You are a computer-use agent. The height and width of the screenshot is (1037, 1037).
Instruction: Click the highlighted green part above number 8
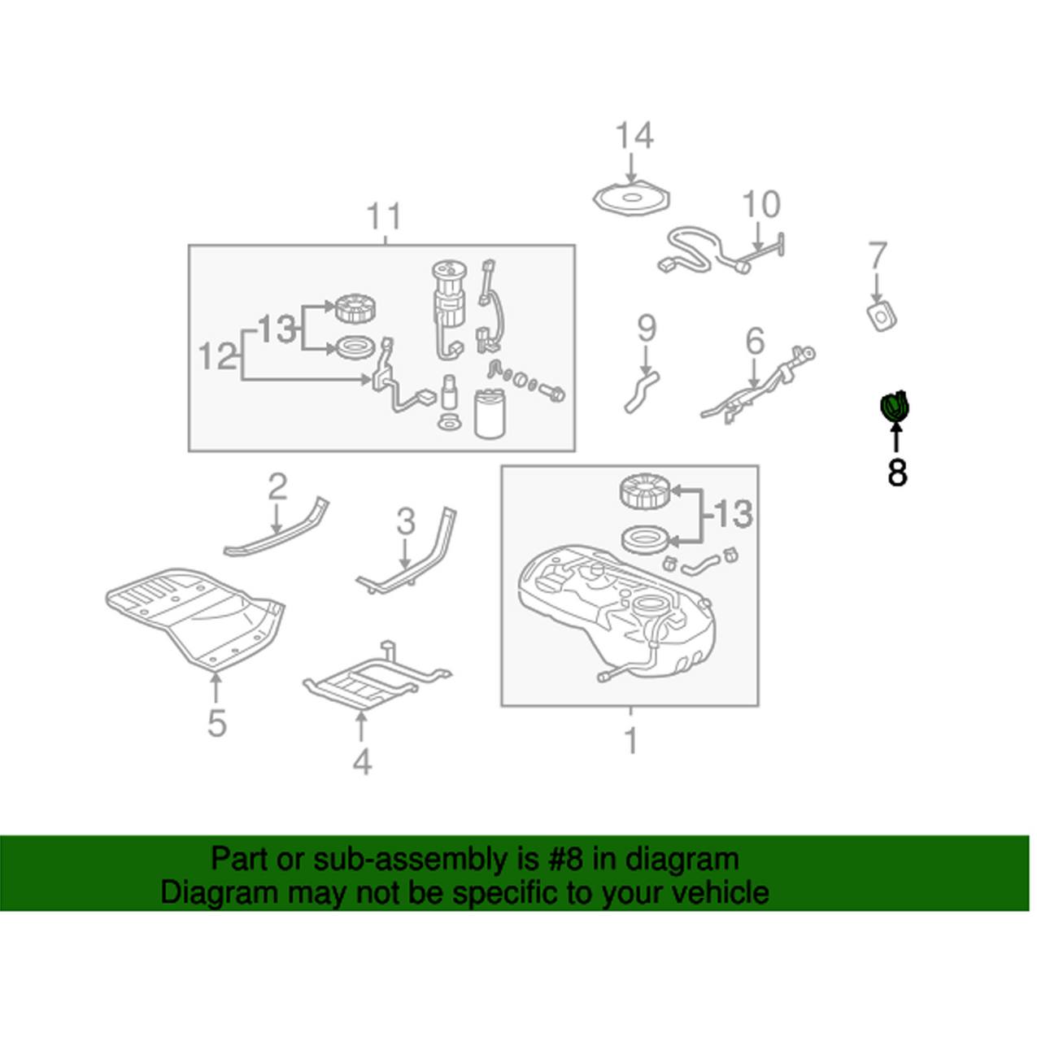point(895,406)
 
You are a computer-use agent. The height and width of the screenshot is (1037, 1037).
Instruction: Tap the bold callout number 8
point(896,472)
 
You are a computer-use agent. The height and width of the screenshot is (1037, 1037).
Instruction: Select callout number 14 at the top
point(634,137)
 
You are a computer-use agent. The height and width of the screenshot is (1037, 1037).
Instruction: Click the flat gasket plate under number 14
point(632,200)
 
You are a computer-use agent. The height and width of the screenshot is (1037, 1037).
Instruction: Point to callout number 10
point(760,204)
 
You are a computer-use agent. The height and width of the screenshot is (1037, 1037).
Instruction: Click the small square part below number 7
point(882,316)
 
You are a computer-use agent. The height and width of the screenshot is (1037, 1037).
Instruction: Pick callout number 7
point(877,256)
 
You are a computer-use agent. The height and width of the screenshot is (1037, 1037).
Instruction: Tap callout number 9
point(646,328)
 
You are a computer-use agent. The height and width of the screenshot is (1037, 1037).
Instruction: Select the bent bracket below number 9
point(641,391)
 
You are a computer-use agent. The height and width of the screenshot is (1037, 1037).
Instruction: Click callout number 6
point(755,342)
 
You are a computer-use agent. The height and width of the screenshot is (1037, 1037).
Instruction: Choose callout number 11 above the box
point(384,217)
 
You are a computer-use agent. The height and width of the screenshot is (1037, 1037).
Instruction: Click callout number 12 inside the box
point(217,356)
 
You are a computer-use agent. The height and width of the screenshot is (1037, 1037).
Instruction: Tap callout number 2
point(277,486)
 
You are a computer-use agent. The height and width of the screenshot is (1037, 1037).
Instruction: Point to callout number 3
point(405,521)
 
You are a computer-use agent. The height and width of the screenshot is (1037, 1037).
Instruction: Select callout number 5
point(216,722)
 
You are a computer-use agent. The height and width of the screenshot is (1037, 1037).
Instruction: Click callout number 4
point(362,761)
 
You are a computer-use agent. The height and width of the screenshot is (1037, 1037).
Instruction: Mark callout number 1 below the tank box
point(630,740)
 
